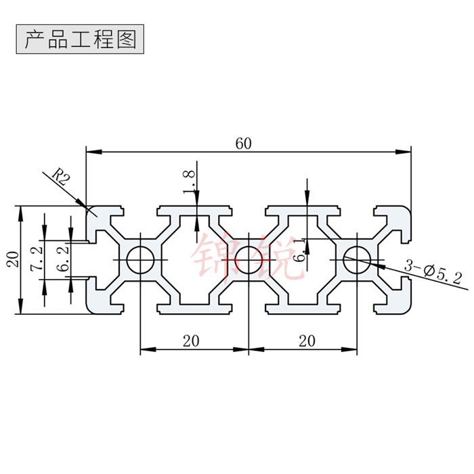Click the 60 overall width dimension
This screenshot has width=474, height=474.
click(x=244, y=143)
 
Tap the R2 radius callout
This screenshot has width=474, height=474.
click(x=61, y=179)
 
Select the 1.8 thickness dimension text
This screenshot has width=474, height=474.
click(x=190, y=181)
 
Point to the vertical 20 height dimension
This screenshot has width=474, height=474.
click(x=12, y=259)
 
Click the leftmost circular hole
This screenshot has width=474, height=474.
click(x=141, y=259)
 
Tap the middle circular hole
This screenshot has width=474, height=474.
click(x=249, y=259)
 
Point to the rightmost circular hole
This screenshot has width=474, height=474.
click(x=356, y=259)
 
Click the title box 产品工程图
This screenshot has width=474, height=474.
click(x=80, y=39)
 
